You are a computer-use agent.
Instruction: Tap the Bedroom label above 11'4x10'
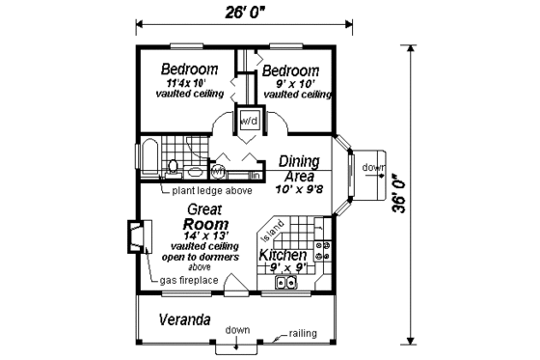(189, 70)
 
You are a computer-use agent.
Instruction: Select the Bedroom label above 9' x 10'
(290, 71)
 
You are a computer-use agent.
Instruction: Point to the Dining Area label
(299, 169)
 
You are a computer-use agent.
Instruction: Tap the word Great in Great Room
(205, 208)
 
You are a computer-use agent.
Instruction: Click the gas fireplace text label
(191, 281)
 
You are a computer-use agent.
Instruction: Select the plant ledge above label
(212, 191)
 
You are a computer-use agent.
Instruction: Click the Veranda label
(185, 319)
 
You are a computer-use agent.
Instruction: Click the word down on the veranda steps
(238, 330)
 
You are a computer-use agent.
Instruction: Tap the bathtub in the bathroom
(149, 158)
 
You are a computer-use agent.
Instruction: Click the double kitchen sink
(286, 283)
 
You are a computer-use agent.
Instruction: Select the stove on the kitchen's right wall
(324, 254)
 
